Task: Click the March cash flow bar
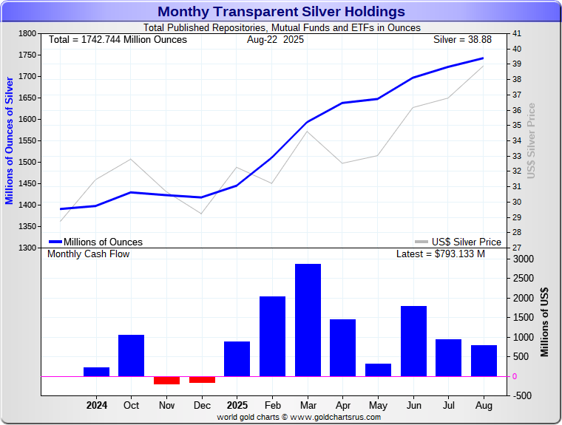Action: (308, 319)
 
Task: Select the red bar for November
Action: (166, 380)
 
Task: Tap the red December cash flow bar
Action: (202, 379)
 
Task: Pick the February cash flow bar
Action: (272, 336)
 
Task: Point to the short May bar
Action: (378, 370)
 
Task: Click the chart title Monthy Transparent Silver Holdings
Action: (281, 11)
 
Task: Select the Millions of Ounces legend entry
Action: (96, 242)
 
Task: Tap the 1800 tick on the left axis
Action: (27, 34)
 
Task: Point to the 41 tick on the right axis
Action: (516, 34)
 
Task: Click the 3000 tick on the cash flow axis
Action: (523, 259)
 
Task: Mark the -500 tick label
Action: (521, 395)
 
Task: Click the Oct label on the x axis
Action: (131, 405)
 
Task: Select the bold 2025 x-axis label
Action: (237, 405)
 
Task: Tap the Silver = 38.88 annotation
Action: (466, 39)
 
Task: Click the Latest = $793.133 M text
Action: (441, 254)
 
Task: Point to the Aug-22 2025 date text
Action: (275, 39)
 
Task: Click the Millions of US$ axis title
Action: (545, 322)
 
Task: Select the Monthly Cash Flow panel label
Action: (88, 254)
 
